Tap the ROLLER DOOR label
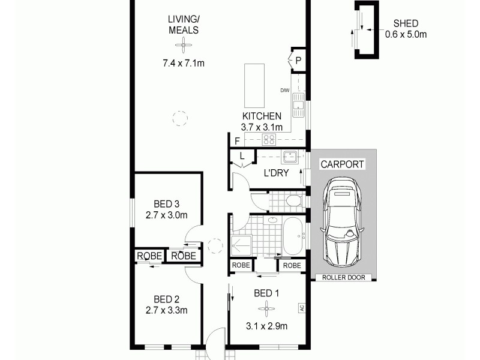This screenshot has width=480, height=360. coord(344,277)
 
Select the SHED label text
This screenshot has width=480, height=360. coord(406,23)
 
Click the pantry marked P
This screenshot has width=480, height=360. coord(298,59)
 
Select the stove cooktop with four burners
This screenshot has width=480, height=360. coord(269,140)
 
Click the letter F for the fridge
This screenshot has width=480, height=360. coord(238,142)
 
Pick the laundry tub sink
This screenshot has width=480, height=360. coord(290,158)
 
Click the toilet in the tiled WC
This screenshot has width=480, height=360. coord(295,200)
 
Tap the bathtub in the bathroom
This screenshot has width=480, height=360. coord(293,236)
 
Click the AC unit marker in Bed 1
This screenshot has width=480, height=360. coord(301,308)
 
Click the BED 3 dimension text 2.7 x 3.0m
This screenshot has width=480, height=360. coord(167,215)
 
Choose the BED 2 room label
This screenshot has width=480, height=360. coord(167,299)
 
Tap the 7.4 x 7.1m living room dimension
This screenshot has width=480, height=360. coord(184,62)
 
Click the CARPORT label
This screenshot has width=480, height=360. coord(342,164)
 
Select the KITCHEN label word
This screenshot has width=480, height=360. coord(262,116)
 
